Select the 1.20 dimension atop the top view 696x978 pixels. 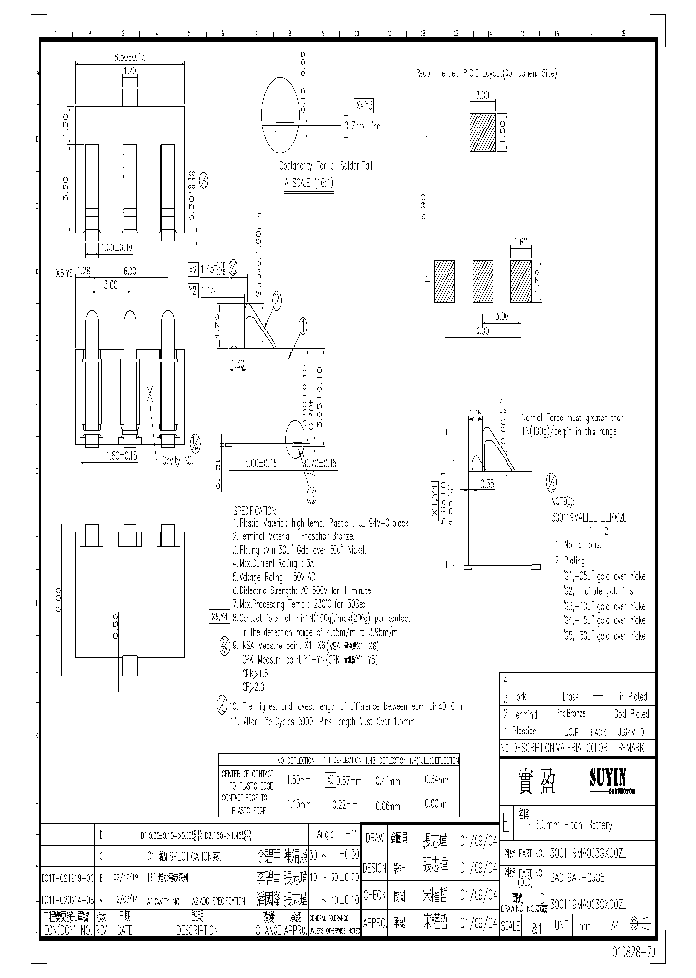(x=130, y=72)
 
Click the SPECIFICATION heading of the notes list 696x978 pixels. (x=254, y=509)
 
